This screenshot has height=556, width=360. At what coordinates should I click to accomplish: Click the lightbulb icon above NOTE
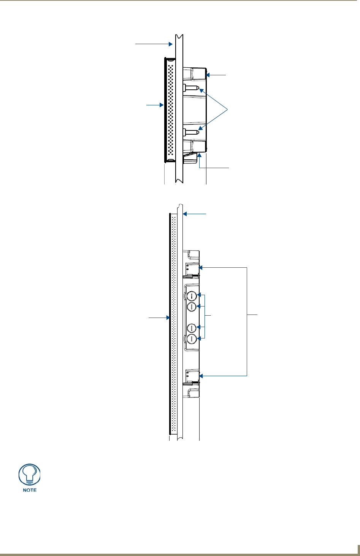(30, 474)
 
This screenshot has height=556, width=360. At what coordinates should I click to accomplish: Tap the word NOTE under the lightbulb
(30, 490)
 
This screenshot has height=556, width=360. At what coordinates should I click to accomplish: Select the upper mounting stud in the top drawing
(191, 88)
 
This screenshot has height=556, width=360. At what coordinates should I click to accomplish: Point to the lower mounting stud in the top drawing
(191, 131)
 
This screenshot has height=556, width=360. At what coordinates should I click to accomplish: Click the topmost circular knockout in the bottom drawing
(192, 295)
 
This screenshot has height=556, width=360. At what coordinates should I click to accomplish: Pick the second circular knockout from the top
(192, 307)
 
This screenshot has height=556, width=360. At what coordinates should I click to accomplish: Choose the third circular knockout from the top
(192, 328)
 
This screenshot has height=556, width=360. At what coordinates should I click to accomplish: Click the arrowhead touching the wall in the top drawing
(171, 44)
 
